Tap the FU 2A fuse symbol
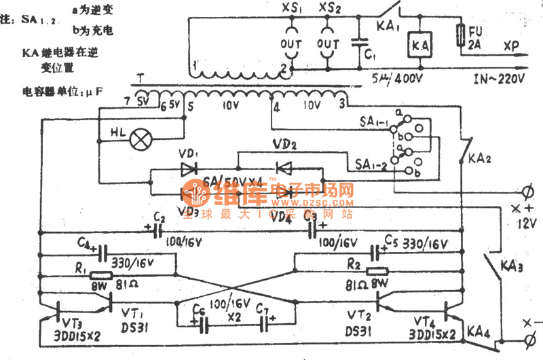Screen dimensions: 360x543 click(462, 33)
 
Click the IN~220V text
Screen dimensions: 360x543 click(499, 79)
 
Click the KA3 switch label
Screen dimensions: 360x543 click(512, 266)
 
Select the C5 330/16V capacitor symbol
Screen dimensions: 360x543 click(377, 253)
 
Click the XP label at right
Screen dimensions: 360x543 click(512, 46)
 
